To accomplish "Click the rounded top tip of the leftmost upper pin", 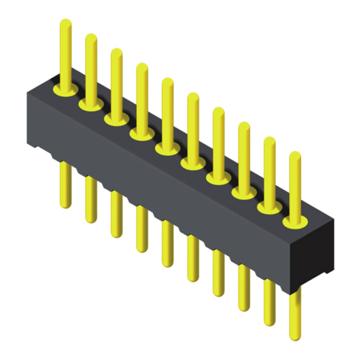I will (x=66, y=22).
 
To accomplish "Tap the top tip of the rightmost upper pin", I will (x=294, y=155).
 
